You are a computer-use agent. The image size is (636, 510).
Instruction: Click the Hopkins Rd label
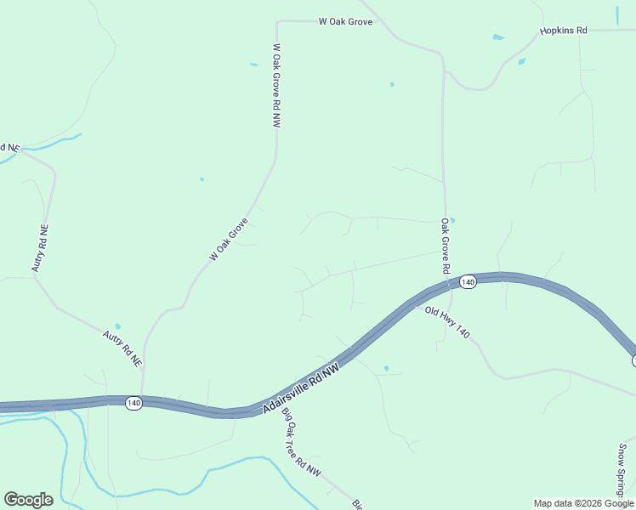[x=564, y=31]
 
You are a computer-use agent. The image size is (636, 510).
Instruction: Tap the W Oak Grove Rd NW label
[x=276, y=87]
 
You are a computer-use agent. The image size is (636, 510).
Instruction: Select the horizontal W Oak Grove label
[x=345, y=21]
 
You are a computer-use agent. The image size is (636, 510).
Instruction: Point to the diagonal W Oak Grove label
[x=228, y=240]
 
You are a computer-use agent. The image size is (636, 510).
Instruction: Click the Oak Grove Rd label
[x=445, y=246]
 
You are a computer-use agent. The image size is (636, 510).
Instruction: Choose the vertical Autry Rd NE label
[x=40, y=247]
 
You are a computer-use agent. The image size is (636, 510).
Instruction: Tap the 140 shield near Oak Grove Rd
[x=467, y=281]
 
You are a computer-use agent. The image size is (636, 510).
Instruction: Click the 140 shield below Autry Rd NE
[x=133, y=403]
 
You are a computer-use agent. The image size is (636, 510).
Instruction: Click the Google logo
[x=28, y=500]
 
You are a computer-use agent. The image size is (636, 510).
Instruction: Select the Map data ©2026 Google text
[x=583, y=503]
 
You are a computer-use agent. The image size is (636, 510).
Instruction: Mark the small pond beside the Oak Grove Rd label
[x=452, y=220]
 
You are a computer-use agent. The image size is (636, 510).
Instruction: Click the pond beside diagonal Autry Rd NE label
[x=117, y=326]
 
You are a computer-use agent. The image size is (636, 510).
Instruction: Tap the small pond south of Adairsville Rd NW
[x=386, y=368]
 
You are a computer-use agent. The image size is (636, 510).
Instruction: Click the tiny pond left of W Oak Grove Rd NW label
[x=253, y=64]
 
